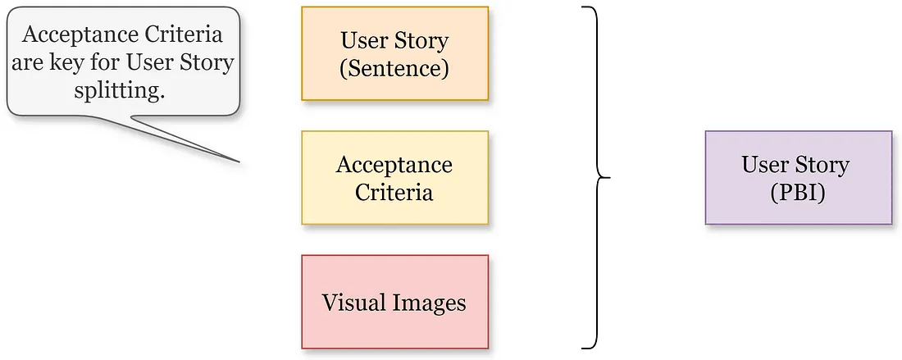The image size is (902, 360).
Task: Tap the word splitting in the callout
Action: pos(123,90)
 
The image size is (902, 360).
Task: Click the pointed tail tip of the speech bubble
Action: pos(239,161)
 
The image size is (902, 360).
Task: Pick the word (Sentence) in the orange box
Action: pos(394,68)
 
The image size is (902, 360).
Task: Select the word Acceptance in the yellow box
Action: pos(394,165)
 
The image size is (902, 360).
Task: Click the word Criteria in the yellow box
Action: pos(394,192)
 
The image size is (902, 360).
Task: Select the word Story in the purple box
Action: pos(822,164)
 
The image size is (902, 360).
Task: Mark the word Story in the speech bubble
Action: pos(207,63)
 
